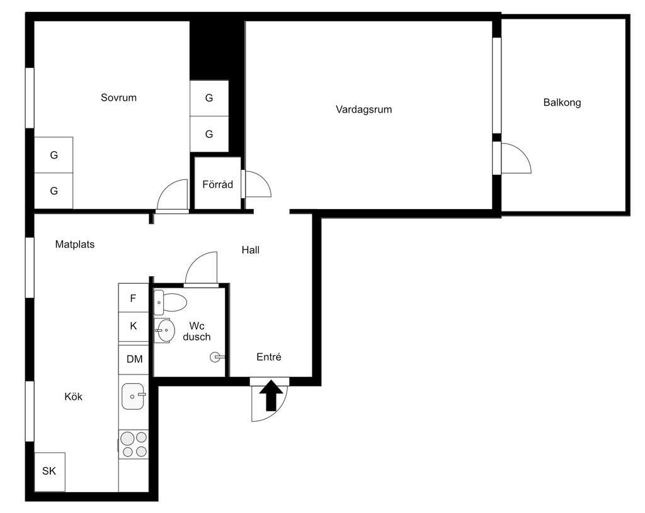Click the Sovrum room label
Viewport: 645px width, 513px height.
tap(118, 98)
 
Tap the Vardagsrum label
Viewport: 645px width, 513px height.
tap(363, 110)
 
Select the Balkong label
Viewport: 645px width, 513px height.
tap(562, 103)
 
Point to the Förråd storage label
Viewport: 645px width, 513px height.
tap(217, 184)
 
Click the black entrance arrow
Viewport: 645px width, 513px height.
tap(271, 395)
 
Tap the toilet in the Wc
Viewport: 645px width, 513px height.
tap(170, 302)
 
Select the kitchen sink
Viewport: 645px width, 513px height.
tap(133, 397)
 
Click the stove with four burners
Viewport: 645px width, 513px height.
tap(134, 444)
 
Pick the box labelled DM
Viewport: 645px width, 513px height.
tap(134, 359)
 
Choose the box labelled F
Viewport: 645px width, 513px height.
tap(134, 298)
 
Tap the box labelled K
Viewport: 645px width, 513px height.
tap(134, 327)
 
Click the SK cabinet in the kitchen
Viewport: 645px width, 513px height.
tap(50, 472)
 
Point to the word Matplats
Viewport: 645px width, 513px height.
tap(75, 245)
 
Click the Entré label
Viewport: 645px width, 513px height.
tap(269, 357)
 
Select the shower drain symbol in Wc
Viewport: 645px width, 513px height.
tap(215, 357)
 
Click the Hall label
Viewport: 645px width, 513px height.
tap(251, 250)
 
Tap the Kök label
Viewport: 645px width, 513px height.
tap(73, 397)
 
